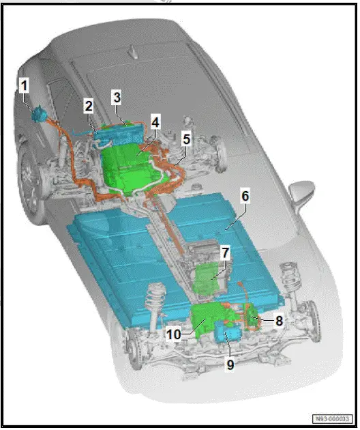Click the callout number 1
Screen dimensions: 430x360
click(x=25, y=86)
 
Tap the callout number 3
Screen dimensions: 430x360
click(x=117, y=98)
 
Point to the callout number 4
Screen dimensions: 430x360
click(x=155, y=122)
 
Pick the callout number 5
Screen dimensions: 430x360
click(x=186, y=138)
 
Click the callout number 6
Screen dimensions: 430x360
click(x=245, y=195)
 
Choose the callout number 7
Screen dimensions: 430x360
click(x=224, y=253)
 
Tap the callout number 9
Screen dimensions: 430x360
click(x=230, y=364)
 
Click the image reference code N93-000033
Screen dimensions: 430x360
click(x=334, y=418)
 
